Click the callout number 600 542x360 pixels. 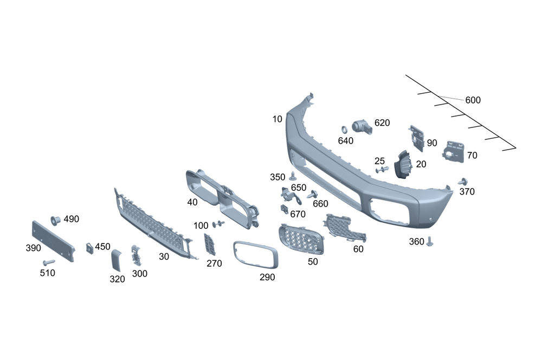tap(473, 100)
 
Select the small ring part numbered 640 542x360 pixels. tap(345, 130)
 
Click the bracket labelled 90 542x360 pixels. tap(417, 138)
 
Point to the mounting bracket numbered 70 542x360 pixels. tap(453, 152)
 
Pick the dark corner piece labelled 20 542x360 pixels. tap(403, 165)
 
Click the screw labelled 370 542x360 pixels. tap(463, 181)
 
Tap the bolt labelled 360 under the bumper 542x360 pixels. tap(430, 241)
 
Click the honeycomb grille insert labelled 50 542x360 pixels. tap(301, 239)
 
